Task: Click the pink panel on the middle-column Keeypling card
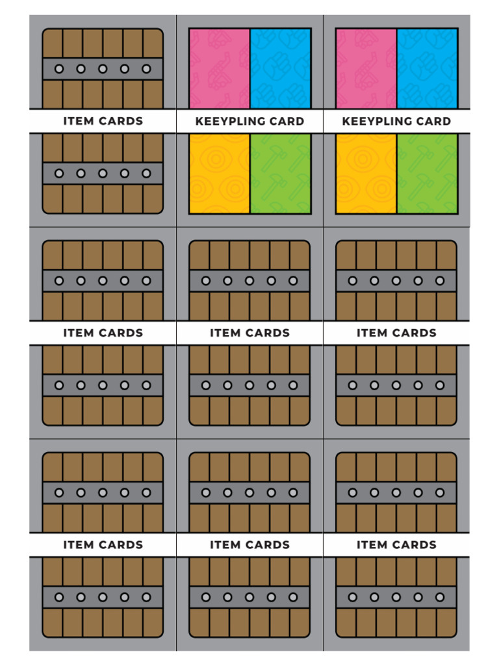pos(219,68)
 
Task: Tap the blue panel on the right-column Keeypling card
pos(427,68)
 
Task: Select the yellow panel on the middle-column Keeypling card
pos(219,174)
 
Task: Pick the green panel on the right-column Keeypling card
pos(427,174)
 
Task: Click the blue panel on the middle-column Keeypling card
pos(280,68)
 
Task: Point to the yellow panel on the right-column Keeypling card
pos(366,174)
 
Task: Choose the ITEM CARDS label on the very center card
pos(249,333)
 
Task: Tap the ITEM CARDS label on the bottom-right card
pos(396,544)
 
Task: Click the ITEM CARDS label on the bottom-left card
pos(103,544)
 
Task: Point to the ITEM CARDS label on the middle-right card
pos(396,333)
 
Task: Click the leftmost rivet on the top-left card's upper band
pos(59,68)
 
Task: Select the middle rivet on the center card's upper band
pos(249,281)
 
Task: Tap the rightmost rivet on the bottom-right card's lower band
pos(440,597)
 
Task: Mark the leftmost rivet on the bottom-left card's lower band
pos(59,597)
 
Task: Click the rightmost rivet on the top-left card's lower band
pos(146,174)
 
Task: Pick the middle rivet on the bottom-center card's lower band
pos(249,597)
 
